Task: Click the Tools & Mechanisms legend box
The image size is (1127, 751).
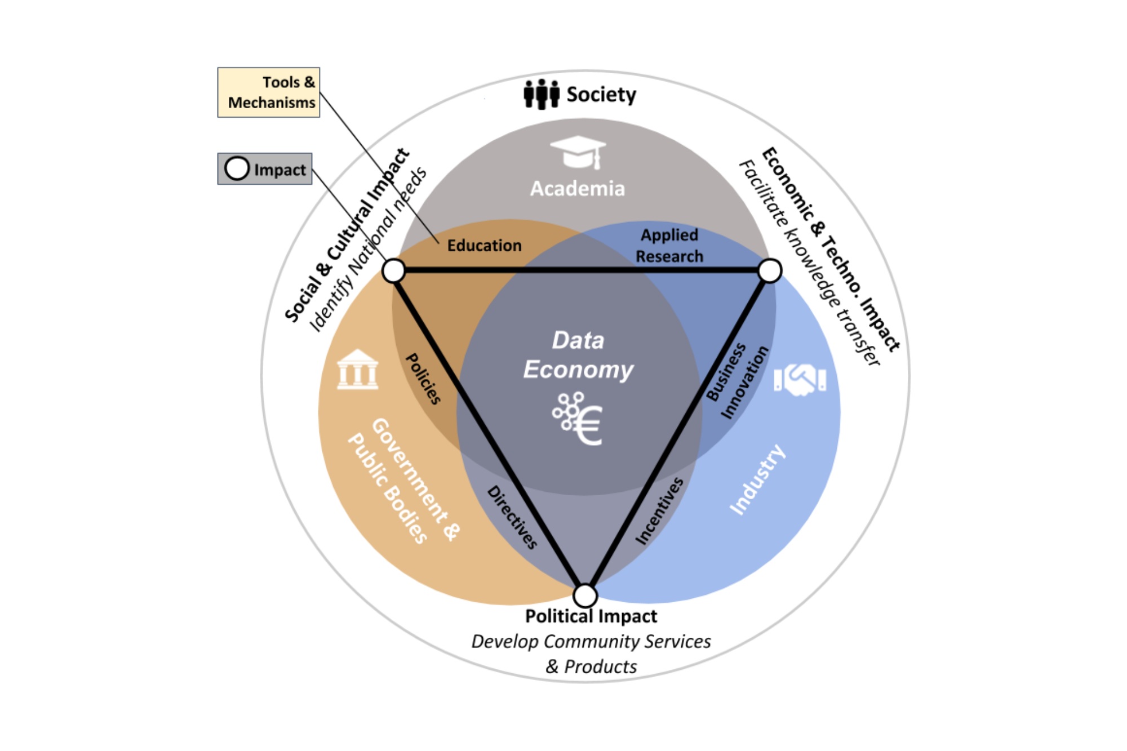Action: click(x=269, y=92)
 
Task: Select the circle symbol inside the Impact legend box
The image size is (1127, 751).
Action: click(x=237, y=168)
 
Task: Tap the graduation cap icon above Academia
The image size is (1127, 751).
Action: click(x=578, y=152)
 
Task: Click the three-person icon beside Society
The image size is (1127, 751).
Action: click(x=541, y=94)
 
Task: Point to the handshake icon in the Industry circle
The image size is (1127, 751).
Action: click(x=800, y=379)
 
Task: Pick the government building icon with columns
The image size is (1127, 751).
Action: click(x=357, y=370)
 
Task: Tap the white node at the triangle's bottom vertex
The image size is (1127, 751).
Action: click(x=585, y=595)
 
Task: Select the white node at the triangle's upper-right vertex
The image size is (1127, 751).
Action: click(x=770, y=270)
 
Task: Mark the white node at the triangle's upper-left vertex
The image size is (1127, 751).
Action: click(x=393, y=270)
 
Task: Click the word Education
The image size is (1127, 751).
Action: click(x=485, y=246)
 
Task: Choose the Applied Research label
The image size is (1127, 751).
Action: click(x=669, y=246)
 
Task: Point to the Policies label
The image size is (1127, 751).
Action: click(x=423, y=379)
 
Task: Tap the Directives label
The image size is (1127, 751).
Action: click(x=512, y=517)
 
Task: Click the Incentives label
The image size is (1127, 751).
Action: click(x=659, y=510)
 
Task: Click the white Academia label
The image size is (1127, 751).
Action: click(x=578, y=189)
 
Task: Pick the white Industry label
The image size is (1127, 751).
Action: click(x=757, y=479)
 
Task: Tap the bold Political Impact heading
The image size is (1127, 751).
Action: click(x=591, y=616)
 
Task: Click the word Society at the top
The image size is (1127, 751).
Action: click(x=601, y=95)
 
